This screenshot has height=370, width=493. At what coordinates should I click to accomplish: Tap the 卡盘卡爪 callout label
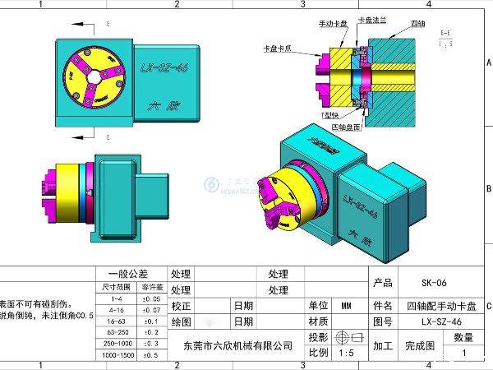[277, 49]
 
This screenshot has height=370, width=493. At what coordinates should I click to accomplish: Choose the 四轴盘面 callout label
[345, 127]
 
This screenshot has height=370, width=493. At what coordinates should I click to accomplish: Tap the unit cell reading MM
[346, 305]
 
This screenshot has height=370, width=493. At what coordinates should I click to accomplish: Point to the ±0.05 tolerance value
[150, 299]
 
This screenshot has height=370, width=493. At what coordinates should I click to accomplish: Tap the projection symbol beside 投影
[345, 338]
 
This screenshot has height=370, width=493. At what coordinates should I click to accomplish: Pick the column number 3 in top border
[302, 4]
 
